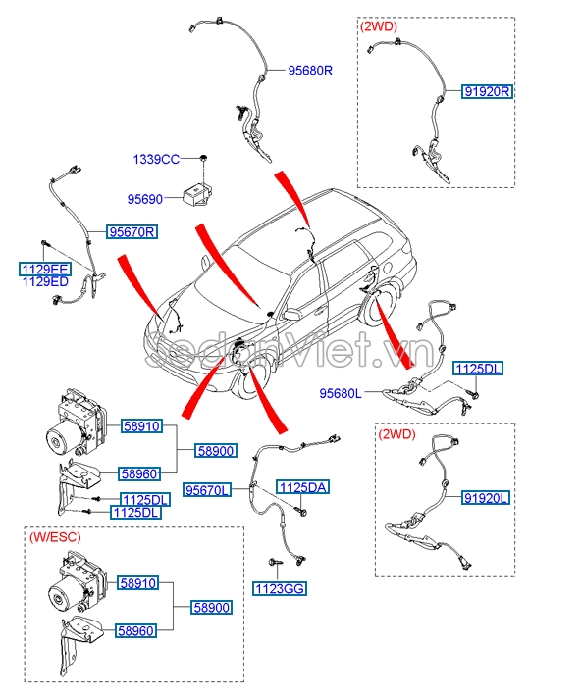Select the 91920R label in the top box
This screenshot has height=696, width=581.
489,91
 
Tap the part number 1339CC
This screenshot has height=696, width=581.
156,159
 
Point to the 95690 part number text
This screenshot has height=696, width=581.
145,198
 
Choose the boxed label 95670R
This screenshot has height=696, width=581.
132,232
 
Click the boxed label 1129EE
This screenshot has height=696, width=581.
45,268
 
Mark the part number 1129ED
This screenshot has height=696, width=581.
45,281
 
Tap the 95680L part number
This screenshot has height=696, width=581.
341,393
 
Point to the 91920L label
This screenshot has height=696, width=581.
486,498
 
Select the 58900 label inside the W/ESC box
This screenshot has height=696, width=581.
211,608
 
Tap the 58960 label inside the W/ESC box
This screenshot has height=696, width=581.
135,632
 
